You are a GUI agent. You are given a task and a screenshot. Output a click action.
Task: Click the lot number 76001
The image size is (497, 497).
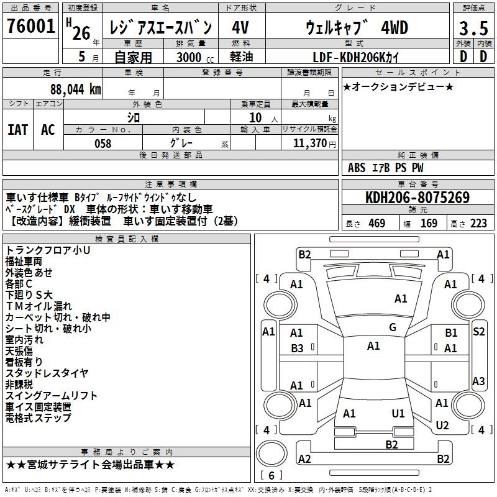tap(30, 27)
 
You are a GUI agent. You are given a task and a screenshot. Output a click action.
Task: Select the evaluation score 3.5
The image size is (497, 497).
tap(473, 29)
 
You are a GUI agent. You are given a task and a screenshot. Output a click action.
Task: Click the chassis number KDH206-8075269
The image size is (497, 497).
tap(417, 198)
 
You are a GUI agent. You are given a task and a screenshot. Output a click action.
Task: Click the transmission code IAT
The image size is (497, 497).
tap(17, 129)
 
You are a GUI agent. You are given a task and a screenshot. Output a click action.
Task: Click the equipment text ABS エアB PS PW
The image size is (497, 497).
tap(386, 168)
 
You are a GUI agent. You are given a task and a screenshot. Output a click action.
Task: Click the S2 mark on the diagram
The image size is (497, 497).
tap(478, 332)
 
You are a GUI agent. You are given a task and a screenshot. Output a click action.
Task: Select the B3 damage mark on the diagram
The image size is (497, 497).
tap(297, 349)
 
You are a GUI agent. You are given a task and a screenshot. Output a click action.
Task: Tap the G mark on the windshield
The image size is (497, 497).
tap(392, 327)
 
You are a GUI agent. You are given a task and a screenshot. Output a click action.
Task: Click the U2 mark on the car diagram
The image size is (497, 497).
tap(442, 425)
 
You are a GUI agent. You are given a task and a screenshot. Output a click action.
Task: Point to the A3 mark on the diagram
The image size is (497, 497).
tap(478, 381)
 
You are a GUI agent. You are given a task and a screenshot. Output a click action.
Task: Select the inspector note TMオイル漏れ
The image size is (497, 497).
tap(39, 306)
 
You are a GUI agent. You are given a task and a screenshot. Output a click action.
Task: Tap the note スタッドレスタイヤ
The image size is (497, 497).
tap(47, 373)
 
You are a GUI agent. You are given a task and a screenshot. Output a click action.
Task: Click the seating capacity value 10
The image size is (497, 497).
tap(256, 118)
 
